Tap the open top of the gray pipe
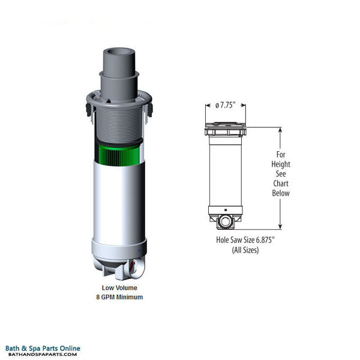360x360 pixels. click(x=119, y=52)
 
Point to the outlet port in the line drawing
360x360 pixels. click(x=225, y=221)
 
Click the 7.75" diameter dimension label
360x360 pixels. click(x=226, y=106)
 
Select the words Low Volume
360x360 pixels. click(x=119, y=287)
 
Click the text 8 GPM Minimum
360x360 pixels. click(x=119, y=297)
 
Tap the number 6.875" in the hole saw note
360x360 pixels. click(x=265, y=240)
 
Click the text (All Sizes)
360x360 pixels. click(x=245, y=250)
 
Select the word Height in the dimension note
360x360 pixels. click(x=281, y=164)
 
